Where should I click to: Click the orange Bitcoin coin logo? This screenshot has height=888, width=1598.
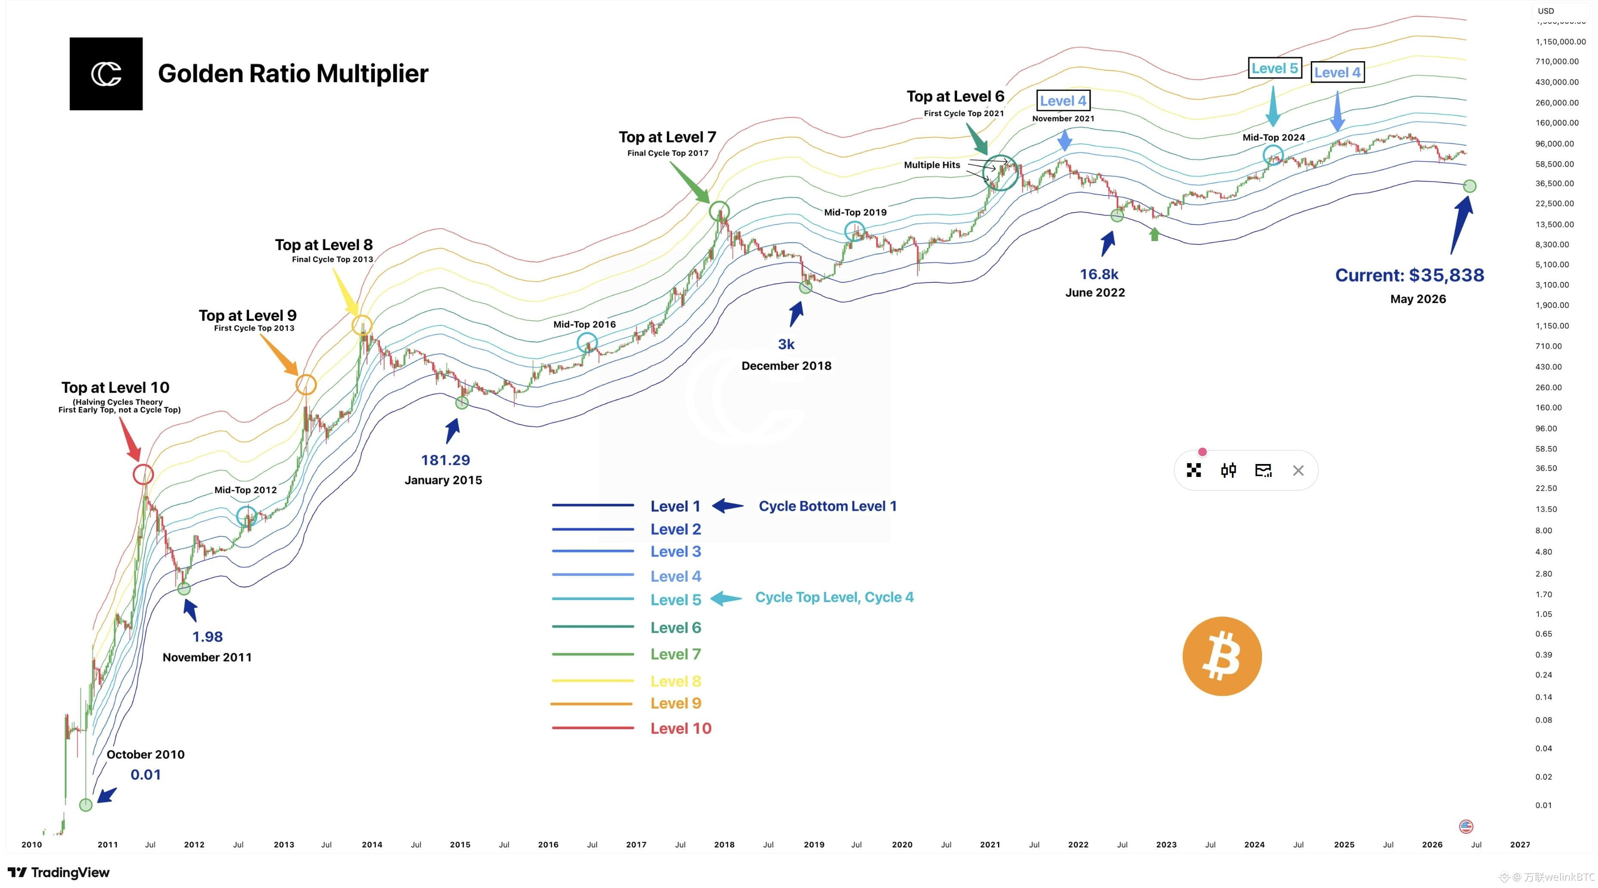click(x=1222, y=656)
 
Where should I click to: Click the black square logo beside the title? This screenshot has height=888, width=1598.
click(x=106, y=74)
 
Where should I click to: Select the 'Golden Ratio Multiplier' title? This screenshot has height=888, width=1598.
click(x=293, y=73)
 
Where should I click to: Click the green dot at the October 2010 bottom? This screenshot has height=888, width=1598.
click(x=86, y=805)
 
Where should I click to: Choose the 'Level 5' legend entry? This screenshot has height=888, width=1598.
click(x=675, y=600)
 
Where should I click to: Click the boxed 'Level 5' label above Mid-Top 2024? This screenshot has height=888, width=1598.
click(x=1274, y=68)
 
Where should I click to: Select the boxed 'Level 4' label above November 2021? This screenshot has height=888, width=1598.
click(x=1063, y=100)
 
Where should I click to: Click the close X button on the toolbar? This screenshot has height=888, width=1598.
click(x=1298, y=470)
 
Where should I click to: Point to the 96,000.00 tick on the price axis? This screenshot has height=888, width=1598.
click(x=1554, y=143)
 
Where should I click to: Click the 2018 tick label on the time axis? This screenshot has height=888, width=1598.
click(x=724, y=845)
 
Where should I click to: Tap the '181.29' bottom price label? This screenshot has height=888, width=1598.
click(x=445, y=460)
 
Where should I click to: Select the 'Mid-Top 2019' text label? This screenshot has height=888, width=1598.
click(x=855, y=212)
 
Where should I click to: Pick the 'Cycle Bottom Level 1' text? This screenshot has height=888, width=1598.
click(x=827, y=506)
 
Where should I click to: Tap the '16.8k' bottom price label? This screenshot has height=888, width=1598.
click(x=1099, y=274)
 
